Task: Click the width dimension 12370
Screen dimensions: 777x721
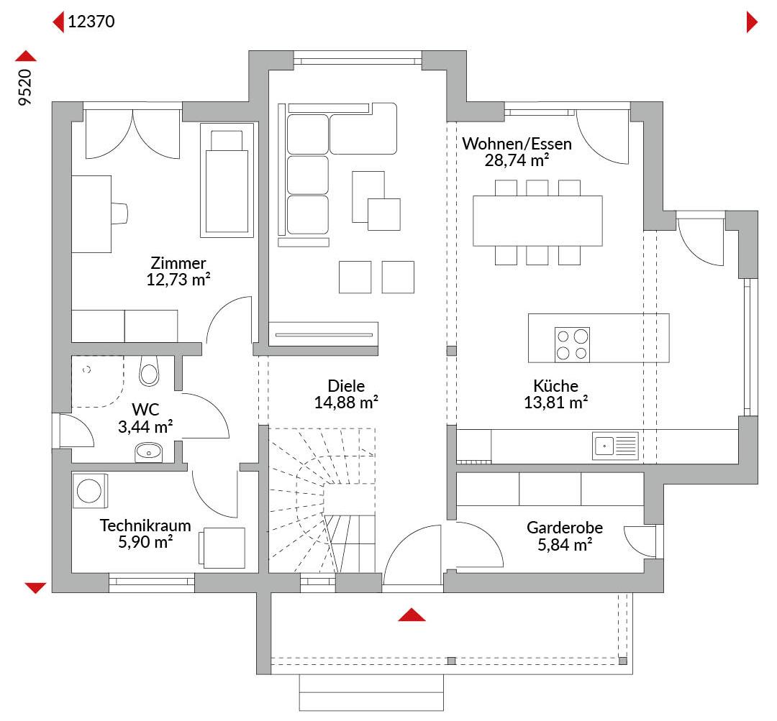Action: tap(91, 22)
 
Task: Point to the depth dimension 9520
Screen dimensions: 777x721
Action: tap(24, 87)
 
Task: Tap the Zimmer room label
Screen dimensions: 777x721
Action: tap(178, 263)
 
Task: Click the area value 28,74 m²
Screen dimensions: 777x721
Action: tap(517, 160)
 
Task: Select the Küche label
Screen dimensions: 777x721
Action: tap(555, 386)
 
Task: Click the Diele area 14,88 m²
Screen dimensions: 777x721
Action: tap(346, 403)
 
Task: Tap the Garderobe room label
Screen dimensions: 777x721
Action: tap(565, 528)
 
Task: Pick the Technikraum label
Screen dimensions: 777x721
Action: tap(145, 525)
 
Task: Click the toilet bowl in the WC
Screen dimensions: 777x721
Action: tap(149, 372)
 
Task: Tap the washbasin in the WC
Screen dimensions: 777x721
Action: tap(149, 452)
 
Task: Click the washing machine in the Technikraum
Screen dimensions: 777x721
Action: tap(90, 491)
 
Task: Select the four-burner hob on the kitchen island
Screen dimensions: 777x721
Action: tap(572, 344)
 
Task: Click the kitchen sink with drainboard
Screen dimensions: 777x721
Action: tap(615, 446)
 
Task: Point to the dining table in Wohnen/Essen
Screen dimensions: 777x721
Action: tap(537, 221)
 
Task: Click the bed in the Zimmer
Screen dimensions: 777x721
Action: tap(227, 180)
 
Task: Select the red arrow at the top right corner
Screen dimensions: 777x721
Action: tap(752, 22)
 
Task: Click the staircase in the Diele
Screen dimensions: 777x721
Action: tap(322, 500)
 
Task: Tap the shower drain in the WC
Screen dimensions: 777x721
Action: tap(87, 370)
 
